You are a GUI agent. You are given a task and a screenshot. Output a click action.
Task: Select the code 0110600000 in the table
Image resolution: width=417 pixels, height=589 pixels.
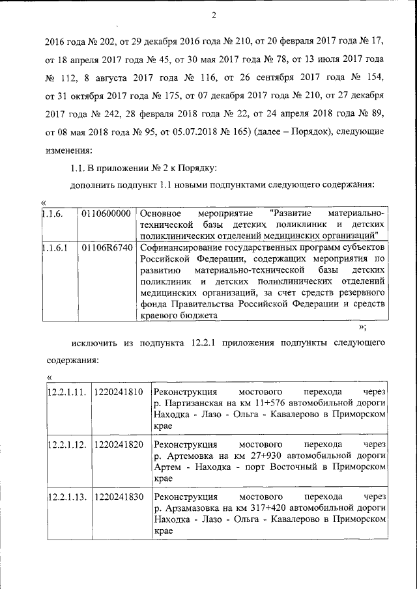[x=107, y=213]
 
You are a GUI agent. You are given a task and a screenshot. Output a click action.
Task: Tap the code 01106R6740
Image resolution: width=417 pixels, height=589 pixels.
[x=107, y=248]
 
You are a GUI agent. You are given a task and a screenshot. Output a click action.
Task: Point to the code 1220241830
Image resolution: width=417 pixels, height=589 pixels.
[x=119, y=497]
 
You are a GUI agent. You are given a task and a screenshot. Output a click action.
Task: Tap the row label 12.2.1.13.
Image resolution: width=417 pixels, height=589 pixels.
[x=67, y=497]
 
